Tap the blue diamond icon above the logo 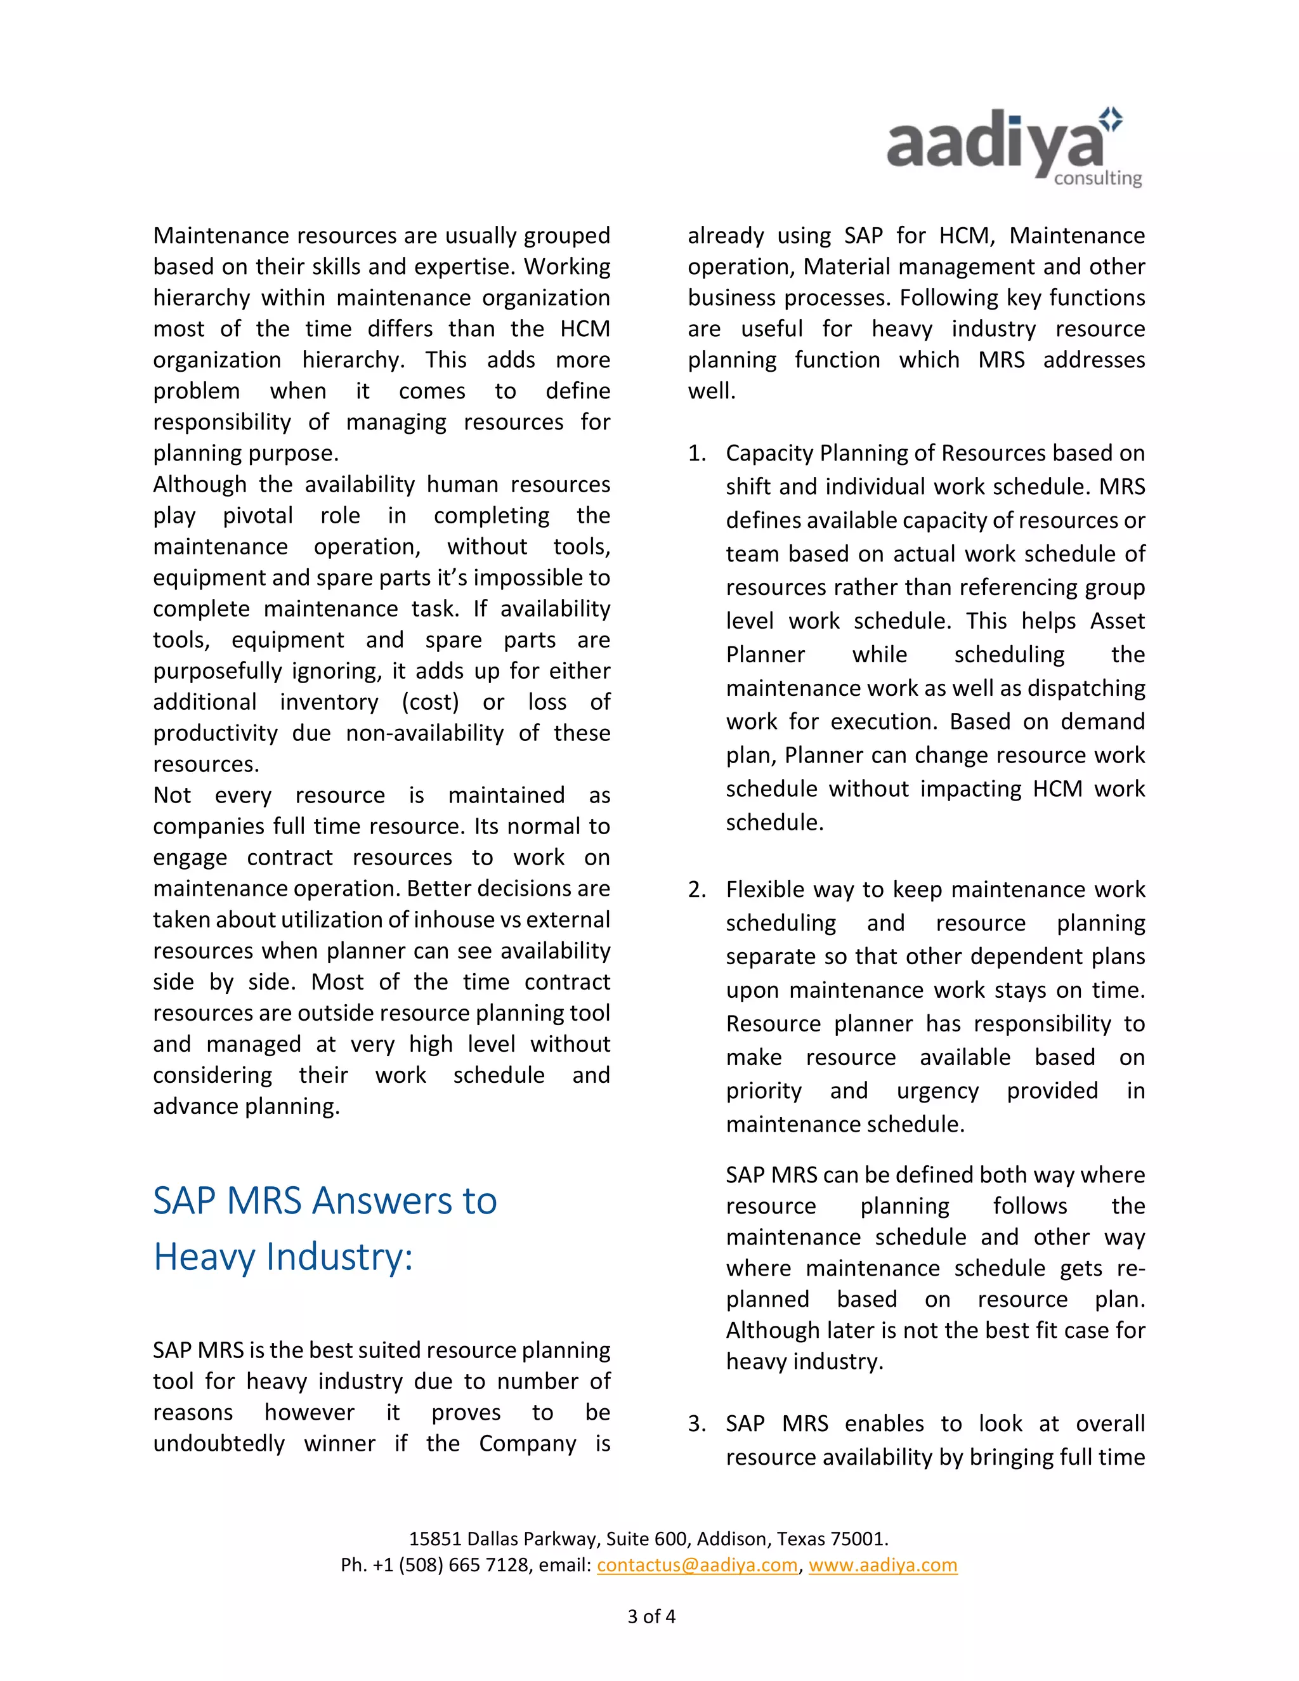coord(1111,119)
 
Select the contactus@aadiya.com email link coord(697,1565)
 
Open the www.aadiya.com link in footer coord(883,1565)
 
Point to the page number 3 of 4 coord(651,1616)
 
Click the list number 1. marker coord(696,454)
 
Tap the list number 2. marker coord(696,890)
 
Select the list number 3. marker coord(696,1424)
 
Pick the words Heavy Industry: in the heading coord(282,1256)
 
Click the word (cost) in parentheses coord(430,702)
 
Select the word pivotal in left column coord(258,516)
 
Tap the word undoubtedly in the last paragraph coord(219,1443)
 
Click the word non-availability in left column coord(424,733)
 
